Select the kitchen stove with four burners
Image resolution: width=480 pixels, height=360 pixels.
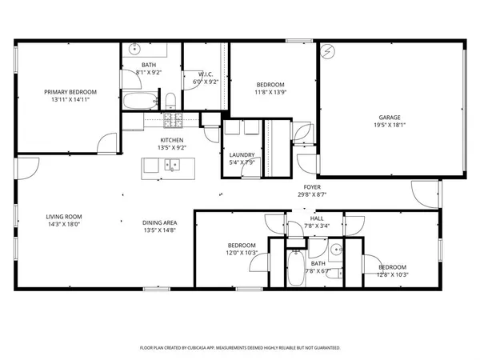coord(173,121)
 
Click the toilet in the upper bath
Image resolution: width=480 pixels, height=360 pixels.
coord(170,100)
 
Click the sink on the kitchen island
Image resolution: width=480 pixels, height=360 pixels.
coord(170,166)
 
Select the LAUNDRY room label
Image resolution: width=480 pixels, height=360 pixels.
coord(242,154)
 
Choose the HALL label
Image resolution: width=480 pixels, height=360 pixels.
coord(317,218)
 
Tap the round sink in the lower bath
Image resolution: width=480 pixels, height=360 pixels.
coord(338,249)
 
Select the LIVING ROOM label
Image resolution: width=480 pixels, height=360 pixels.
coord(62,217)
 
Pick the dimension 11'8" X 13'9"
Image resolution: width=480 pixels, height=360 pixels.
coord(270,93)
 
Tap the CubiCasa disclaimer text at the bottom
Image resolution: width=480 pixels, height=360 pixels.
coord(240,348)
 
